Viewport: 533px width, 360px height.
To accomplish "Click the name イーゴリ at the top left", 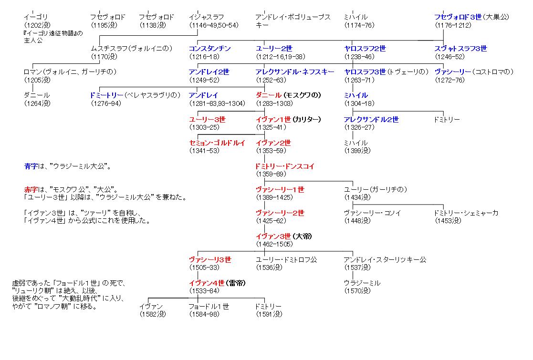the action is pyautogui.click(x=36, y=17).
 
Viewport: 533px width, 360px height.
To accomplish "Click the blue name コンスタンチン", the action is pyautogui.click(x=209, y=49).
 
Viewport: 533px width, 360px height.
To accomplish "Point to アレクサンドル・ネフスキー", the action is pyautogui.click(x=295, y=72).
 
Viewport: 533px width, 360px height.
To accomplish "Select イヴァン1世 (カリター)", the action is pyautogui.click(x=288, y=119).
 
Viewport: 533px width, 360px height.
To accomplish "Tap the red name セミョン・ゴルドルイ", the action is pyautogui.click(x=217, y=143).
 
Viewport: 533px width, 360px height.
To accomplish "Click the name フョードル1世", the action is pyautogui.click(x=209, y=307).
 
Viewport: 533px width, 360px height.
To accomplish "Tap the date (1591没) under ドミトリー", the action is pyautogui.click(x=269, y=314).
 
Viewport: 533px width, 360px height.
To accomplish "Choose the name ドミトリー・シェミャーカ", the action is pyautogui.click(x=466, y=213).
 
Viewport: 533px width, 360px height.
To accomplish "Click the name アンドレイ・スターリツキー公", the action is pyautogui.click(x=385, y=260).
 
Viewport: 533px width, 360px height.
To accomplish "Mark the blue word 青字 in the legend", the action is pyautogui.click(x=30, y=166).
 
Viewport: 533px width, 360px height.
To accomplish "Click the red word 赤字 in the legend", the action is pyautogui.click(x=30, y=190).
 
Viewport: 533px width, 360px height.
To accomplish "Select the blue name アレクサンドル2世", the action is pyautogui.click(x=371, y=119).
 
